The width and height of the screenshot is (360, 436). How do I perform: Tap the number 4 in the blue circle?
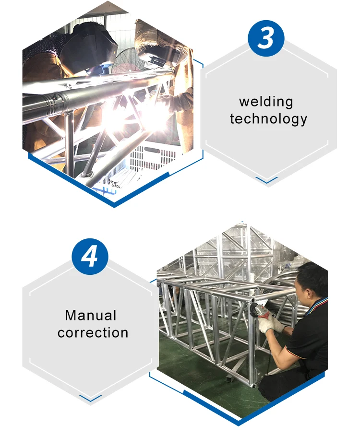(89, 257)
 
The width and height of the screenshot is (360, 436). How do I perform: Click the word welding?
(266, 102)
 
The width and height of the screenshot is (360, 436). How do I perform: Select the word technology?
(268, 119)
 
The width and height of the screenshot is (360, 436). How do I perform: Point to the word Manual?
(91, 316)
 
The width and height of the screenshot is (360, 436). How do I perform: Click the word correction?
(93, 332)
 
